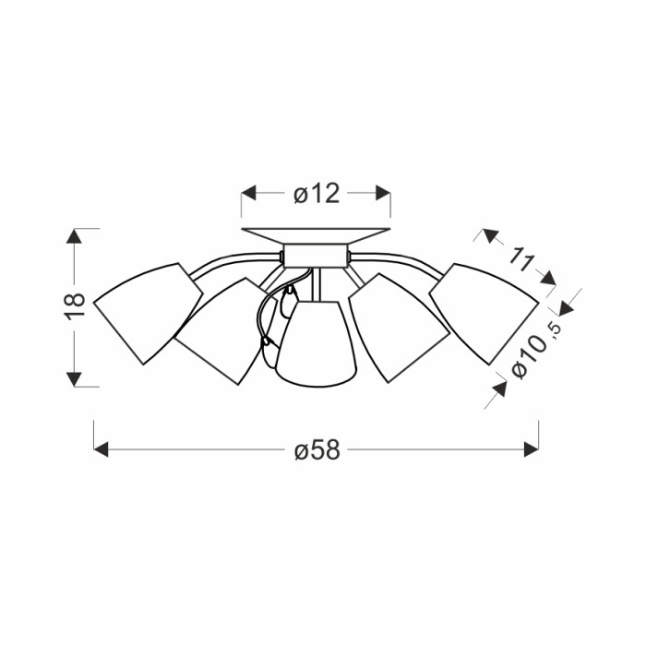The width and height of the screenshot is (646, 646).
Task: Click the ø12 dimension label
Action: coord(317,193)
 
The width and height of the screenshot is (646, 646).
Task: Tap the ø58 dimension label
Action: coord(317,449)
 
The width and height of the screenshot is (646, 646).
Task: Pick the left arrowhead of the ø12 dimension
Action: coord(248,193)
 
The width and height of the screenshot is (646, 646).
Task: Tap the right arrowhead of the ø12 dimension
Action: coord(383,193)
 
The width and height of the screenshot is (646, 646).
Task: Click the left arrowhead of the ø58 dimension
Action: coord(101,449)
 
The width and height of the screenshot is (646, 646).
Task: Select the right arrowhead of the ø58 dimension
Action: coord(532,449)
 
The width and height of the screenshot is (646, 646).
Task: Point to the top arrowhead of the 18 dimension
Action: coord(74,236)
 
